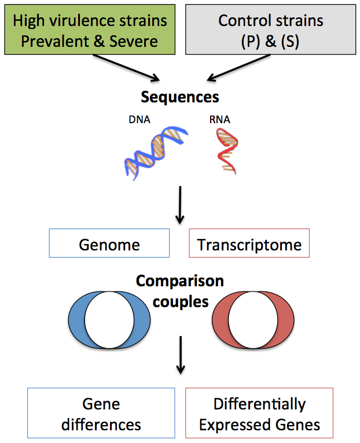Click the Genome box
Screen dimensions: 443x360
coord(109,244)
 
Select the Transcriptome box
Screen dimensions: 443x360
coord(249,244)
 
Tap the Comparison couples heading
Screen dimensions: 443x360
coord(180,291)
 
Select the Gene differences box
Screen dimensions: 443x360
coord(101,414)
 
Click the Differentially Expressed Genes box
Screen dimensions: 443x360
coord(259,414)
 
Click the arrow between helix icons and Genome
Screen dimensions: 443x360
coord(180,205)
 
